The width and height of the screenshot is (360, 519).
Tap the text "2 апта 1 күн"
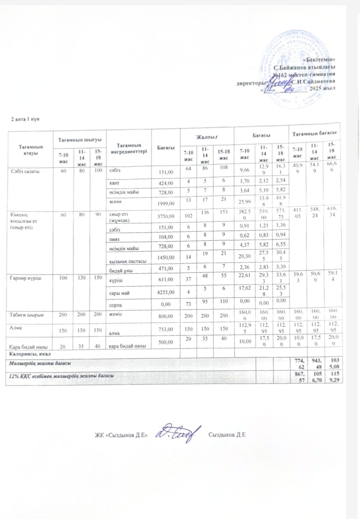pos(25,120)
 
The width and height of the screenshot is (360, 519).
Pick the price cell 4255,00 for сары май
pos(164,292)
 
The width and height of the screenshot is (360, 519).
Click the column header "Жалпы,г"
pos(207,135)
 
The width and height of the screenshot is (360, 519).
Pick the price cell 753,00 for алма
pos(165,329)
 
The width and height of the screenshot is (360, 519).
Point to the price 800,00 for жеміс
pos(165,315)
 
